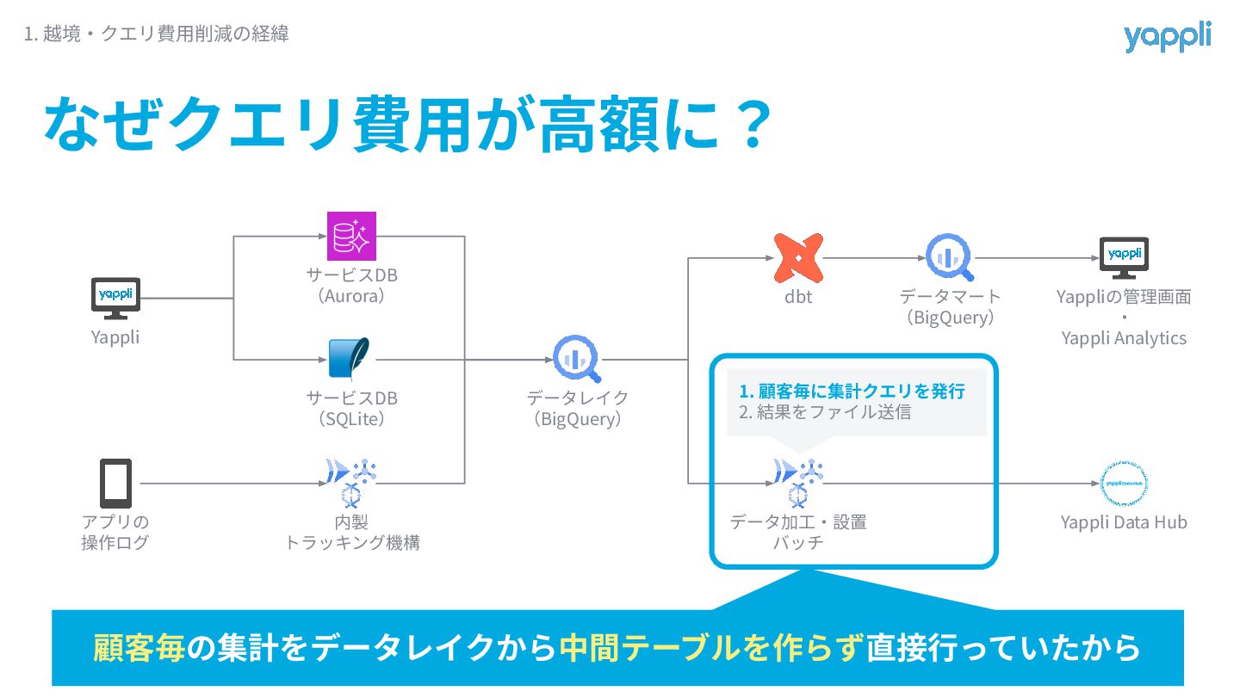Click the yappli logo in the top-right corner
point(1167,37)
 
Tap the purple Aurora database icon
point(352,236)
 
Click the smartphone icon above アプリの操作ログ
point(116,483)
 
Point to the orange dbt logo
point(797,258)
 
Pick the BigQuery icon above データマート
point(950,257)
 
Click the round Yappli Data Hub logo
point(1124,484)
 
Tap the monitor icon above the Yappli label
point(115,298)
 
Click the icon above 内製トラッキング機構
point(352,483)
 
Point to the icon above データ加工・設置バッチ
point(797,483)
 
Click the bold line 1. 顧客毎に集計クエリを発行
point(852,392)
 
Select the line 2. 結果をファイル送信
point(824,412)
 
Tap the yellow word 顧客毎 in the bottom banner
point(139,647)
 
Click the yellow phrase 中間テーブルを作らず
point(710,647)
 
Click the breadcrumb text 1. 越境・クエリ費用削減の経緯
point(156,34)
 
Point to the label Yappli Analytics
point(1124,338)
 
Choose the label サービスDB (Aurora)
point(352,286)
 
